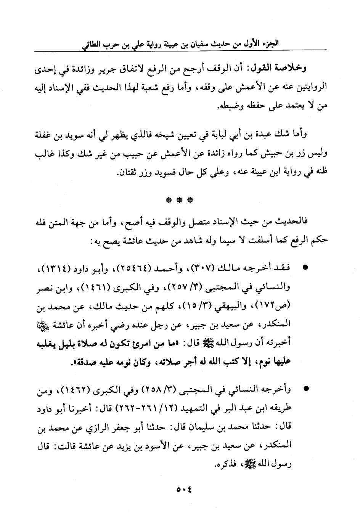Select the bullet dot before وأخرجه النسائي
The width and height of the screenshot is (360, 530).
point(305,390)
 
